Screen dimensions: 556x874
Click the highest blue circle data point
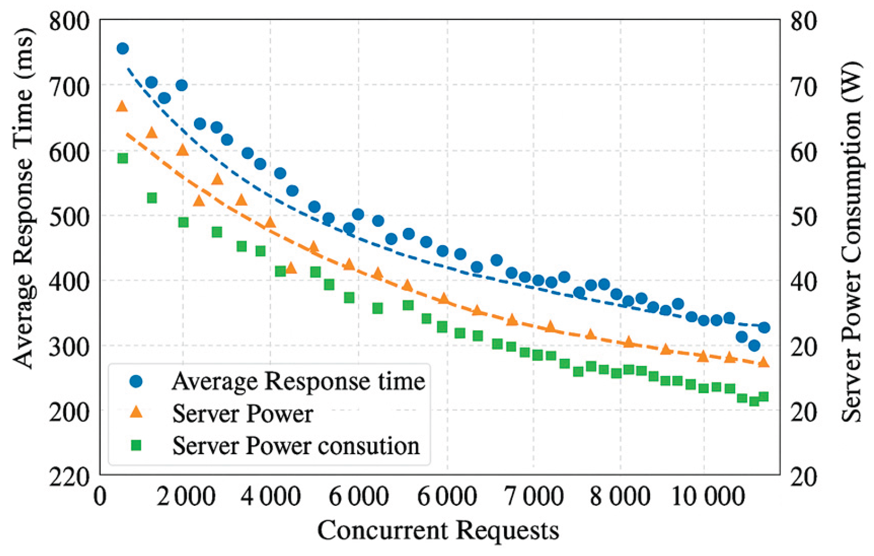point(122,48)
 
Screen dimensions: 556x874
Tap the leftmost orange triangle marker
point(122,106)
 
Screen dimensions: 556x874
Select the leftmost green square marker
point(123,158)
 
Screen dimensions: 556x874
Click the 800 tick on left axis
point(69,22)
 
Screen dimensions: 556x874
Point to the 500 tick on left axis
point(69,217)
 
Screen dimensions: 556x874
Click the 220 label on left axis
point(69,477)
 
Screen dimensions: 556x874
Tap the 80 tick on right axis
point(803,22)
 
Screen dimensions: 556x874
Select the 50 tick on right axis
point(803,217)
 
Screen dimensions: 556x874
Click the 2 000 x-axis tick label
point(186,496)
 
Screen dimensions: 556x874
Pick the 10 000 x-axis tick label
point(708,496)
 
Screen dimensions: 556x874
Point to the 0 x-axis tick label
point(100,496)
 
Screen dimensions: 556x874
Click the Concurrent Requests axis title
point(438,530)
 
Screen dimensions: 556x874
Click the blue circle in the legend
point(136,381)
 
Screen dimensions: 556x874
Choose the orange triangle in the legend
point(136,413)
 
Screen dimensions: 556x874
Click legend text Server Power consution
point(296,446)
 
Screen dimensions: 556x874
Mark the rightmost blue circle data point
point(763,328)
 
